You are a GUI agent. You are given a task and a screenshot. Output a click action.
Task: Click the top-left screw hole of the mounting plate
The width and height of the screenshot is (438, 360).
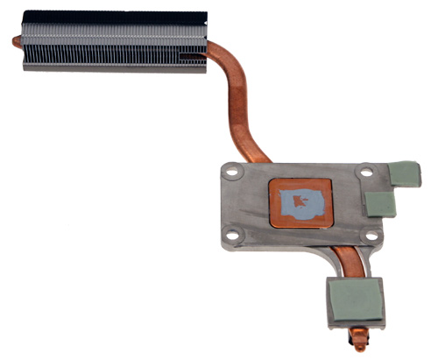232,173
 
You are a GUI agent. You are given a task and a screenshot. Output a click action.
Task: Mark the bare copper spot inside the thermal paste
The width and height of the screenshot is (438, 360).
300,203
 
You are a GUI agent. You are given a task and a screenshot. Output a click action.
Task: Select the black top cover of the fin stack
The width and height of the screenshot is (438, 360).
114,17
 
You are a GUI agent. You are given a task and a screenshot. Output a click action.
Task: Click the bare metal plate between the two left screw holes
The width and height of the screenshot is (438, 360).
232,203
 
